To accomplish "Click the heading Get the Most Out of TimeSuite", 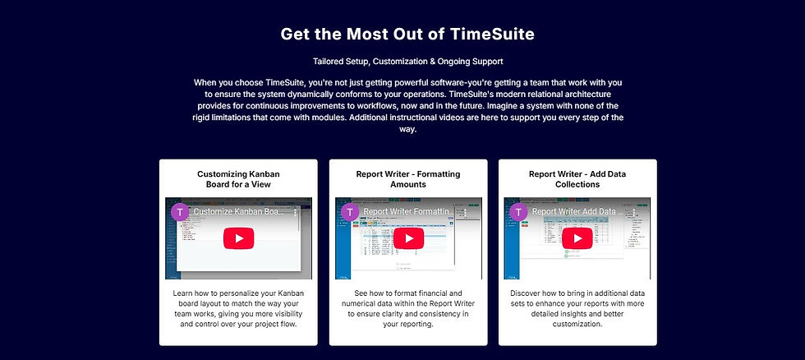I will [407, 34].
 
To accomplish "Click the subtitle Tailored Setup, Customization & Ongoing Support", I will [407, 62].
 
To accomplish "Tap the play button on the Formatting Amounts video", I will [408, 238].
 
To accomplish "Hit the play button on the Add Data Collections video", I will [577, 238].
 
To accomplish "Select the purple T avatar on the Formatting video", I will [350, 212].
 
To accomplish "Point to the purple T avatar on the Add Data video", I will [518, 212].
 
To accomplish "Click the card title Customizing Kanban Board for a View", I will [238, 179].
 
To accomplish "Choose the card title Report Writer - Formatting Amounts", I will [408, 179].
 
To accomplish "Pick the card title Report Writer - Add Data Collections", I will [577, 179].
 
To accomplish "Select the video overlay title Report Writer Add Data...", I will [575, 212].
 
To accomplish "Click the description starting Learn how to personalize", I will [238, 308].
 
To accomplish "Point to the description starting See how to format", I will [408, 308].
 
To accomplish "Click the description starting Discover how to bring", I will [577, 308].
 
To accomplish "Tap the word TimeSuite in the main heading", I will [491, 34].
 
